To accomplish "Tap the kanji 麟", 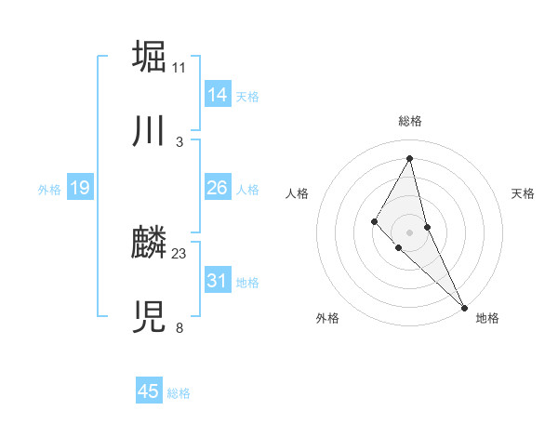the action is [149, 244].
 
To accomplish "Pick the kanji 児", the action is [149, 319].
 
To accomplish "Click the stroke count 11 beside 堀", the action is [179, 68].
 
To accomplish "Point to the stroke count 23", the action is [179, 254].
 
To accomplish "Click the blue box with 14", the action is [217, 95].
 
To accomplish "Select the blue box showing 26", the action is [217, 188].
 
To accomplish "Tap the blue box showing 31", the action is [217, 281].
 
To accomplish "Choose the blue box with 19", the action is [79, 188].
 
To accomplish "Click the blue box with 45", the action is [148, 391].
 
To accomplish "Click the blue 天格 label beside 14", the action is [247, 97].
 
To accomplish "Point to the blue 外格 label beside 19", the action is [49, 190].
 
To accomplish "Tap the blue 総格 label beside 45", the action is [179, 393].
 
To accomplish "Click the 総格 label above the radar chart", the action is [410, 121].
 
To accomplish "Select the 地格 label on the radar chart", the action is [487, 319].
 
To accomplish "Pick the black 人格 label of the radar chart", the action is [298, 193].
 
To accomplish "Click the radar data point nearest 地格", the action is [464, 307].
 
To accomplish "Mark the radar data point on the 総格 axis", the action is [410, 157].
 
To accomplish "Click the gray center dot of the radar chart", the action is [410, 231].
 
